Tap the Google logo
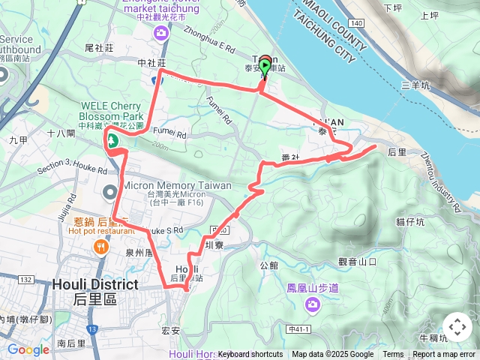pos(28,349)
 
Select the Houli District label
pos(95,285)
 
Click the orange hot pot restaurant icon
pos(100,246)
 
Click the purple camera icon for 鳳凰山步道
pos(311,304)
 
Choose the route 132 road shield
pos(25,279)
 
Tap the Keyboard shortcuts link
pos(250,355)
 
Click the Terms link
pos(393,355)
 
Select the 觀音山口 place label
pos(357,261)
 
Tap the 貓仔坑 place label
pos(410,221)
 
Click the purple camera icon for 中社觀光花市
pos(161,32)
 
